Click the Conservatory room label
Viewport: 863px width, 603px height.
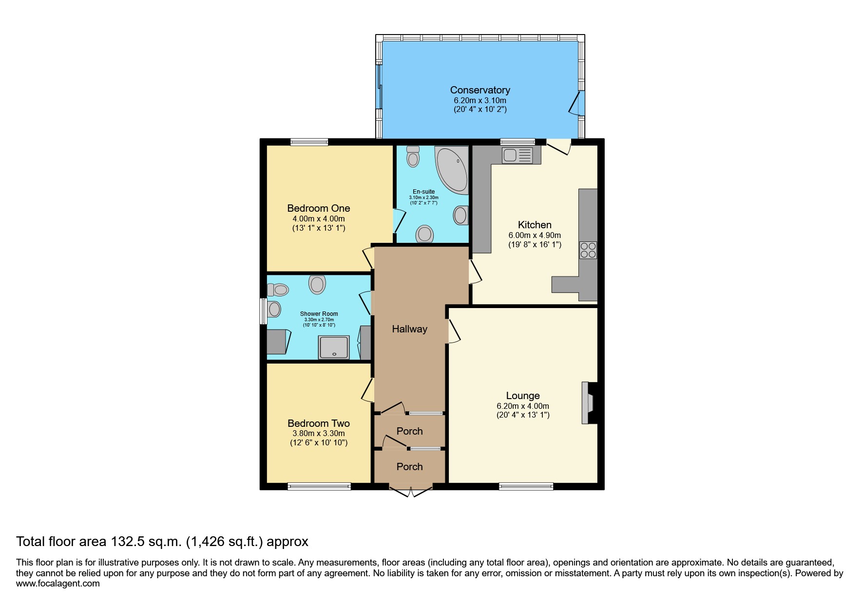[480, 90]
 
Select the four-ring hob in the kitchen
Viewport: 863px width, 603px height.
[588, 250]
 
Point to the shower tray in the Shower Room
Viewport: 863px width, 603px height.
[334, 347]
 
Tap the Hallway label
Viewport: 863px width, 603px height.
[409, 329]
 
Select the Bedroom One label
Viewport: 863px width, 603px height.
[319, 208]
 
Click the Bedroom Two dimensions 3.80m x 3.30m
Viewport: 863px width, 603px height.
[319, 434]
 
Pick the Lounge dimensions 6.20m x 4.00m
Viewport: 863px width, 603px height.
[523, 406]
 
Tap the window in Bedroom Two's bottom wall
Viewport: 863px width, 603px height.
[319, 486]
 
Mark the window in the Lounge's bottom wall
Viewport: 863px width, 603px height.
[526, 486]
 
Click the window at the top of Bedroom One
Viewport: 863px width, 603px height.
[309, 142]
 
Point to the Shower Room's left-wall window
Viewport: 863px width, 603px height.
[263, 311]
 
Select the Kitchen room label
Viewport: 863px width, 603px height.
[535, 225]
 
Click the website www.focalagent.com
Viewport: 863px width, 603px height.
[58, 584]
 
